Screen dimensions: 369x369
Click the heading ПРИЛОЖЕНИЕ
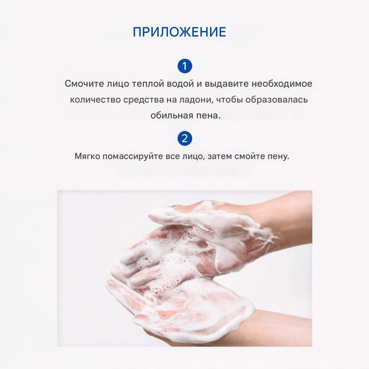point(179,32)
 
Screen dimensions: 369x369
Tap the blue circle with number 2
point(184,139)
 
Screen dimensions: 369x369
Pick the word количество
point(93,100)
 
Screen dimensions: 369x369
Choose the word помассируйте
point(131,156)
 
